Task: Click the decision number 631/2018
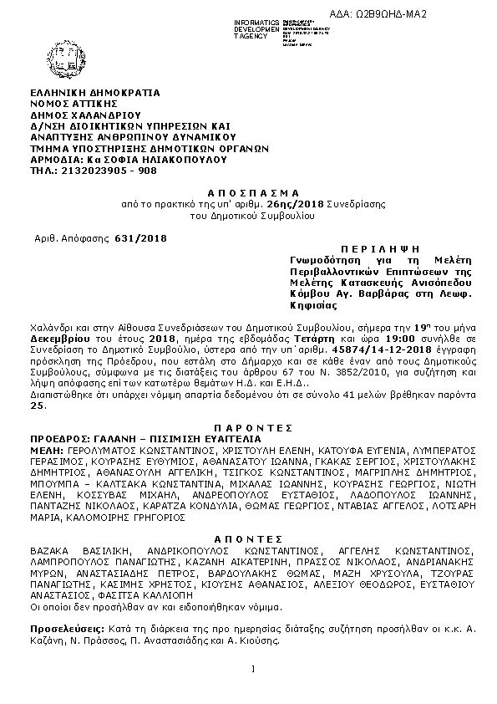(140, 238)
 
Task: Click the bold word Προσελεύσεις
(64, 627)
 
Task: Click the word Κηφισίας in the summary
(304, 306)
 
